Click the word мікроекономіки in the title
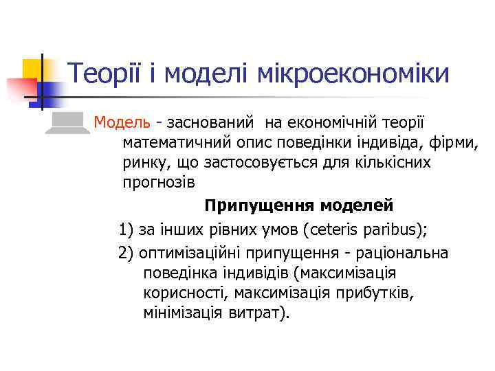[x=354, y=74]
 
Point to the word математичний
[x=177, y=144]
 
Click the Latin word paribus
[x=371, y=229]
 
